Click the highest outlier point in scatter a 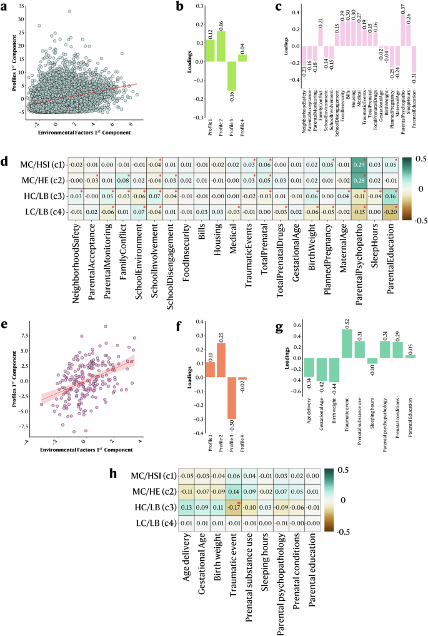pos(69,11)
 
